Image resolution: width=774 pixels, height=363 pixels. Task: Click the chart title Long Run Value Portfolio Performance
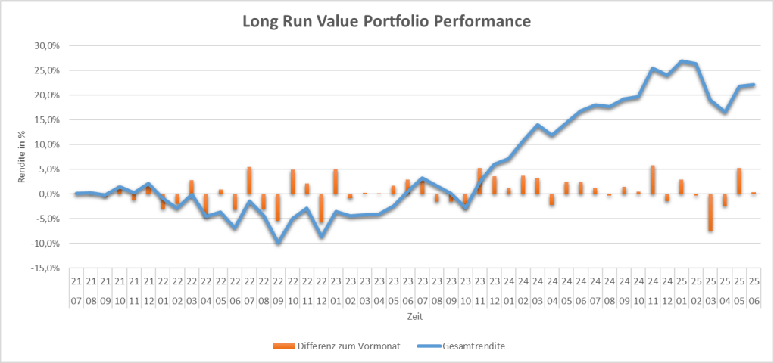click(x=386, y=22)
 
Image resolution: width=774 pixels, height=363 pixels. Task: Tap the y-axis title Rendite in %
click(x=22, y=157)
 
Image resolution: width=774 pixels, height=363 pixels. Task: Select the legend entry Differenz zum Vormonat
click(x=336, y=346)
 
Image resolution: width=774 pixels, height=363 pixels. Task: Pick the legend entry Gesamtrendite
click(x=460, y=346)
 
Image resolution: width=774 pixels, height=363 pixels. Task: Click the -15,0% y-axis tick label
click(x=46, y=268)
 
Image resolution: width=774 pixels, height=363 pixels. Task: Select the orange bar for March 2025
click(x=710, y=212)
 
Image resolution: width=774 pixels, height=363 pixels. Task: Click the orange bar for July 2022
click(x=249, y=181)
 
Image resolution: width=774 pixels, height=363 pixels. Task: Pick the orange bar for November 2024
click(x=653, y=179)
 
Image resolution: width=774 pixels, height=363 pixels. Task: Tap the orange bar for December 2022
click(x=321, y=208)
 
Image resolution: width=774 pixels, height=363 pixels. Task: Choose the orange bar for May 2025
click(x=739, y=181)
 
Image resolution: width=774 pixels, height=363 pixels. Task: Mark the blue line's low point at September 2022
click(x=279, y=243)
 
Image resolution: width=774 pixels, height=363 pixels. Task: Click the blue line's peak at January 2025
click(x=682, y=61)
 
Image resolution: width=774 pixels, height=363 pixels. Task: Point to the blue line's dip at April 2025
click(x=725, y=111)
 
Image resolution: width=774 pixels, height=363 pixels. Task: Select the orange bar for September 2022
click(x=279, y=207)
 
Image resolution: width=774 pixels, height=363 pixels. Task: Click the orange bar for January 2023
click(x=336, y=181)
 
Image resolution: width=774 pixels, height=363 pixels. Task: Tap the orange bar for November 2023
click(x=479, y=181)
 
